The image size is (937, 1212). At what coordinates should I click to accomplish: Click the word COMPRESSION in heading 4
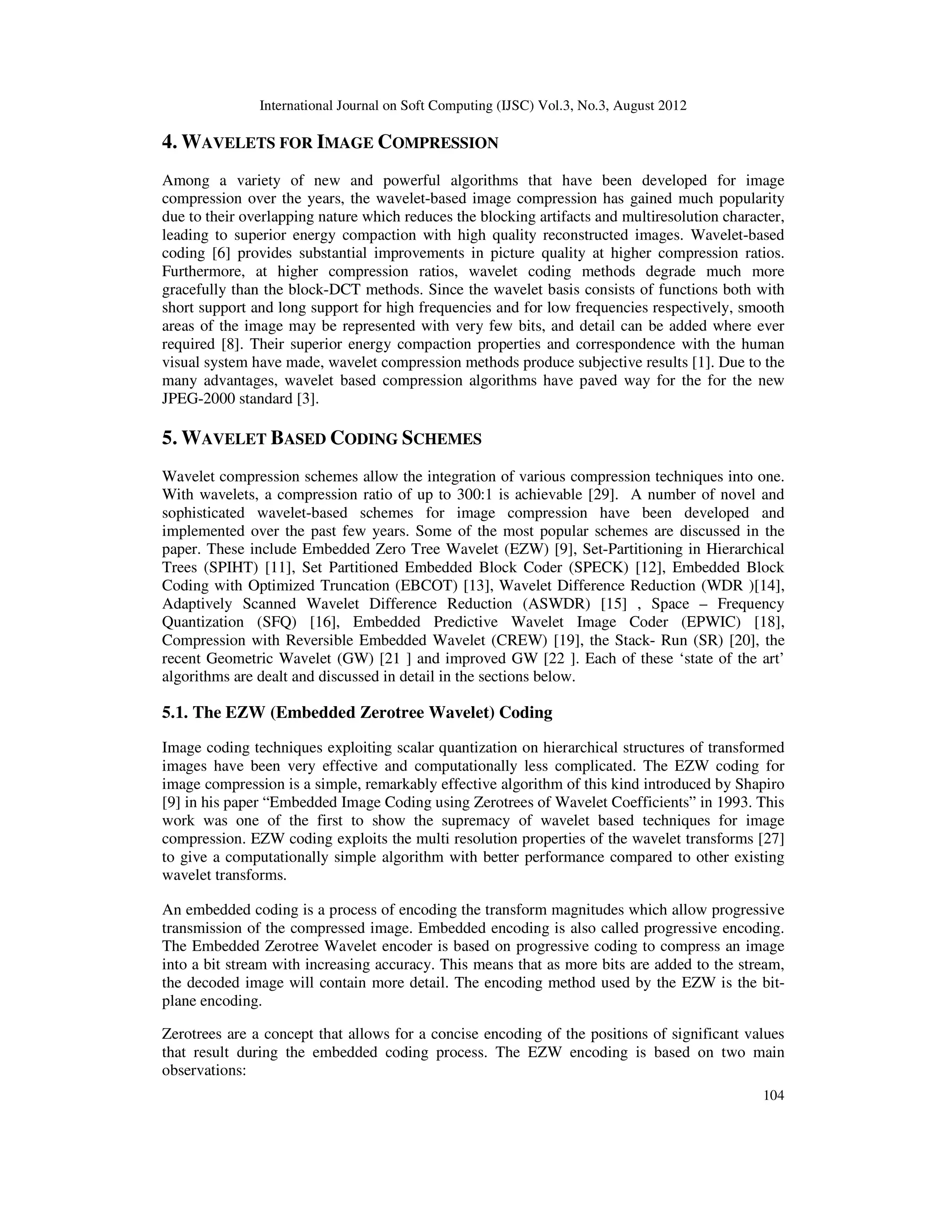pos(438,143)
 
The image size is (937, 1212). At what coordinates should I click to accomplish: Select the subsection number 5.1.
pos(175,713)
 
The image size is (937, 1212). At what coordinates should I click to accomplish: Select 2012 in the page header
pos(672,106)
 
